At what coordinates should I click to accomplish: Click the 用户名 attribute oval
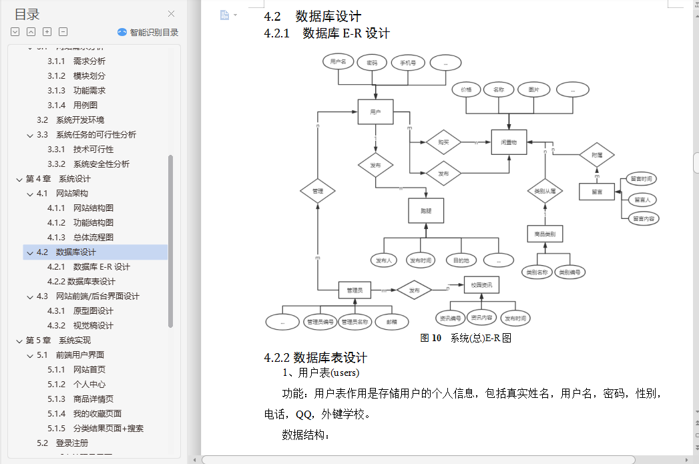[338, 62]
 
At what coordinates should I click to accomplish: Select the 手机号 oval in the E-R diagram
[408, 63]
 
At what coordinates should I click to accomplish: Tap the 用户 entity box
[375, 112]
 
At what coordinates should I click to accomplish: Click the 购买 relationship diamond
[444, 142]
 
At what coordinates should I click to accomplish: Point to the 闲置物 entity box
[509, 142]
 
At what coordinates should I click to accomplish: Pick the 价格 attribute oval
[466, 89]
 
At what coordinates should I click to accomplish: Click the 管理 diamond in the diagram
[318, 191]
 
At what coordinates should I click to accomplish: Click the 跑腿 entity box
[426, 210]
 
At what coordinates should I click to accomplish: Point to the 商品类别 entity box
[545, 234]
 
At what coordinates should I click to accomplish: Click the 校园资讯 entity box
[481, 285]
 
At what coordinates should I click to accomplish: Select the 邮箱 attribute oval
[391, 322]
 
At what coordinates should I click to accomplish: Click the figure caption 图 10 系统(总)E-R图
[465, 338]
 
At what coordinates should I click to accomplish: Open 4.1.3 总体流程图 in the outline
[93, 237]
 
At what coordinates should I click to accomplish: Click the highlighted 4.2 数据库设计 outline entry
[75, 252]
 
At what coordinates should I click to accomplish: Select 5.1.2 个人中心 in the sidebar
[89, 384]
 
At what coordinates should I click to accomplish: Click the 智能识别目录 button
[148, 32]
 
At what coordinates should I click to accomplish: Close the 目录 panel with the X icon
[172, 13]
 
